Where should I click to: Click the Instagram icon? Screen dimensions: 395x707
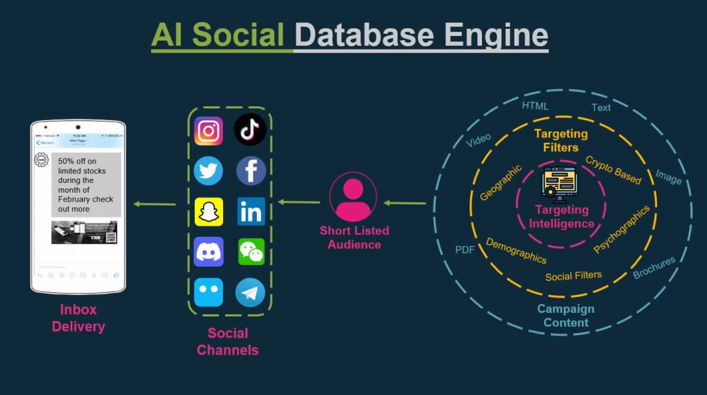pyautogui.click(x=209, y=131)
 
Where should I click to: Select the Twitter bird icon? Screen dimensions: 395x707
pyautogui.click(x=209, y=171)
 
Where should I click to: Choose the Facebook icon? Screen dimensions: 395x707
pyautogui.click(x=251, y=171)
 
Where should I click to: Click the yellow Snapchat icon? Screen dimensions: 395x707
pyautogui.click(x=209, y=211)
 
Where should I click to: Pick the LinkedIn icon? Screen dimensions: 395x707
pyautogui.click(x=251, y=211)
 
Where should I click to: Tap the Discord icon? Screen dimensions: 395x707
pyautogui.click(x=209, y=251)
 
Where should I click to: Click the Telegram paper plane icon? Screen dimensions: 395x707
pyautogui.click(x=250, y=292)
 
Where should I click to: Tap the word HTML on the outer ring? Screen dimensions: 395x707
pyautogui.click(x=535, y=106)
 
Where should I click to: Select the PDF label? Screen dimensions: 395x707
pyautogui.click(x=465, y=249)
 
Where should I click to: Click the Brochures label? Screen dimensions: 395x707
pyautogui.click(x=654, y=268)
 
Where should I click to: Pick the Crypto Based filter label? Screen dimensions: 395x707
pyautogui.click(x=613, y=170)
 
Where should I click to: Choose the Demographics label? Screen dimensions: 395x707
pyautogui.click(x=516, y=251)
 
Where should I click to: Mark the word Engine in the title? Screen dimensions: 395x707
pyautogui.click(x=496, y=34)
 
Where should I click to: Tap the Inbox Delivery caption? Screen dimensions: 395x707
pyautogui.click(x=78, y=318)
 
